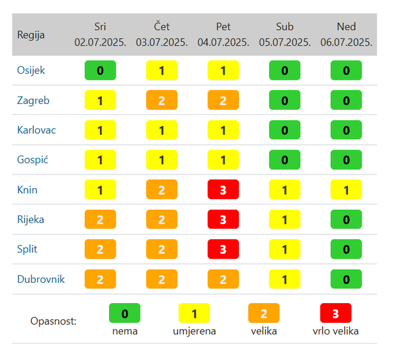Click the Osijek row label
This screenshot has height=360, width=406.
point(31,71)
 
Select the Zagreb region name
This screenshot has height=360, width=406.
point(33,100)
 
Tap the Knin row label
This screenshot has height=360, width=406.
point(27,189)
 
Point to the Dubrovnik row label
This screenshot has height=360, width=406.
point(40,279)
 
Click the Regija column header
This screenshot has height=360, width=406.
point(31,35)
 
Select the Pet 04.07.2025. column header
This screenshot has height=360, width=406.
point(223,34)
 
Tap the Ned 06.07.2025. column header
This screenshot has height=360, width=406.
point(346,34)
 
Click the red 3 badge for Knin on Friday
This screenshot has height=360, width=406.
point(223,189)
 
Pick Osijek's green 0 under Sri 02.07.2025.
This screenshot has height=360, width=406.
point(100,71)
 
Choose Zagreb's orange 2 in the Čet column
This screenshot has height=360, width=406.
point(162,100)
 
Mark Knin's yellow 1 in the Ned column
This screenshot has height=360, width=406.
point(346,189)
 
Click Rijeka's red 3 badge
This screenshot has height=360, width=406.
point(223,220)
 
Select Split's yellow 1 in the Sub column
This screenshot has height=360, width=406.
point(285,250)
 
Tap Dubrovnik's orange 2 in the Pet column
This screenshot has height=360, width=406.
point(223,279)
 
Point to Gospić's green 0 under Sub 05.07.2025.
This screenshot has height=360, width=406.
point(285,160)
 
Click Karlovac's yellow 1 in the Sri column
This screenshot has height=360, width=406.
point(100,130)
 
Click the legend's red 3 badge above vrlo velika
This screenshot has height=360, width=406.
point(336,314)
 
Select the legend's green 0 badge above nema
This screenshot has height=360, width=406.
point(125,314)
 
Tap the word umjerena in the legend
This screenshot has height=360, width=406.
point(194,331)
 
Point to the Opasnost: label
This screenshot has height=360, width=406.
point(54,321)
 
